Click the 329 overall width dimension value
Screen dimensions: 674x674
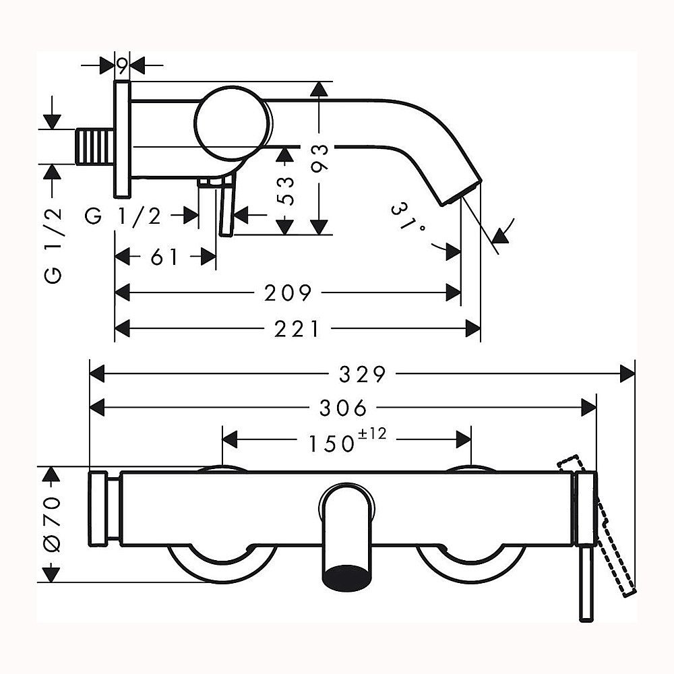point(363,374)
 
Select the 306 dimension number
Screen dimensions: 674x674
point(343,408)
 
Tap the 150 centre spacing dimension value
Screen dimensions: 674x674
point(332,443)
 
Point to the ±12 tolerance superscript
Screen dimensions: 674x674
point(372,433)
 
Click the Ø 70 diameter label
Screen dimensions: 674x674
point(53,524)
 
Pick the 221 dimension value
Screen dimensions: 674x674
point(297,330)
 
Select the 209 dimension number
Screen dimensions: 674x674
point(288,293)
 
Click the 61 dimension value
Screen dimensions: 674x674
point(164,257)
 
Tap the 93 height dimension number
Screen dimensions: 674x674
point(319,158)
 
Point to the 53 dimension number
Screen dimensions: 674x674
point(286,191)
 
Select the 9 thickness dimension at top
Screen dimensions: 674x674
point(122,66)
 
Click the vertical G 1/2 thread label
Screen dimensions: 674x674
point(53,245)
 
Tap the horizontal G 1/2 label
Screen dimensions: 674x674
point(123,216)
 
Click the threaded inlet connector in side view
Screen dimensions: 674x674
point(95,146)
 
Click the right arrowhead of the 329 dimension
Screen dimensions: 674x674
point(627,373)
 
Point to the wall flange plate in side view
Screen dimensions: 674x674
point(122,140)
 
